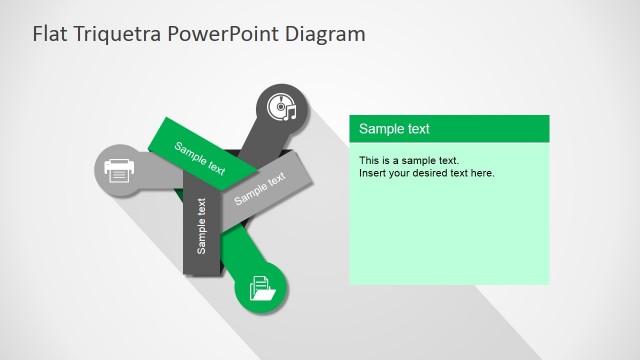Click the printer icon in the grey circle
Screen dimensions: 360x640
coord(119,170)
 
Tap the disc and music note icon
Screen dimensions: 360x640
coord(283,107)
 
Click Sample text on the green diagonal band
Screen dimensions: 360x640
coord(200,158)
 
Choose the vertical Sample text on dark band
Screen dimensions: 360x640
coord(201,226)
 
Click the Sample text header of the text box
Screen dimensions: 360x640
coord(394,129)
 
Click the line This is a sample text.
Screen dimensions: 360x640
coord(408,160)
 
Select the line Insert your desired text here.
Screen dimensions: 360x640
coord(427,173)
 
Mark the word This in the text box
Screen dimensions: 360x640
coord(369,160)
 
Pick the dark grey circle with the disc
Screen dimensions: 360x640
coord(282,107)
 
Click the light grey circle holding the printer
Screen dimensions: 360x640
coord(119,170)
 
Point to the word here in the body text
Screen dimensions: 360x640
coord(483,173)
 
